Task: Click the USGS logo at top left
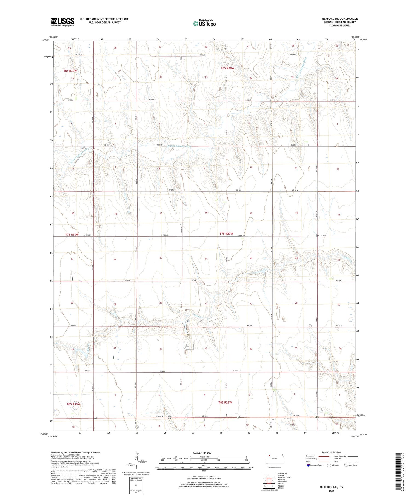click(62, 22)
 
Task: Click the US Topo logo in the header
click(204, 23)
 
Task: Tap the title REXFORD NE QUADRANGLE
click(340, 19)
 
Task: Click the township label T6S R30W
click(70, 71)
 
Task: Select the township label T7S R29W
click(226, 234)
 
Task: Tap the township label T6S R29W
click(228, 68)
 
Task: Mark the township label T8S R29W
click(225, 402)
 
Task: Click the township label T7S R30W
click(72, 235)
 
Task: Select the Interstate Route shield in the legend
click(308, 465)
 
